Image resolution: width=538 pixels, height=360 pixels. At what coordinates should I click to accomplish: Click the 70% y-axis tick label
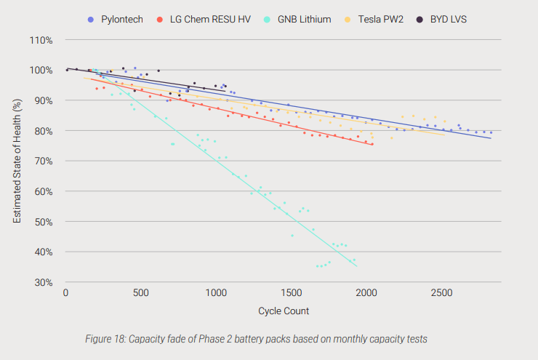(x=43, y=161)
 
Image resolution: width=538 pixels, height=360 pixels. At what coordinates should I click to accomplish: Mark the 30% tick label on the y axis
(x=43, y=282)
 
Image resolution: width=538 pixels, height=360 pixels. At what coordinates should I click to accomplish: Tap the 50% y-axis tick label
(x=43, y=222)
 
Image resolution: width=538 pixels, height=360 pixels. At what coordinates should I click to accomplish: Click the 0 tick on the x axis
(x=66, y=293)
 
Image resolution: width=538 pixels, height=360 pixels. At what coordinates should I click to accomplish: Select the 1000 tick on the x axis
(x=217, y=293)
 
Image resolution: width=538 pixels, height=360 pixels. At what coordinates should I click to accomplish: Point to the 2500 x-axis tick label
(x=442, y=293)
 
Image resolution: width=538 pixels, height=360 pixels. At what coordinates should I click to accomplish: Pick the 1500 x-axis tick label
(x=292, y=293)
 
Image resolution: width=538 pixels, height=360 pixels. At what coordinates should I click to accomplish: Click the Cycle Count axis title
(x=284, y=311)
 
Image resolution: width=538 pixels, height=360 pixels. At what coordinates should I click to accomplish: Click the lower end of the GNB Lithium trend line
(x=356, y=266)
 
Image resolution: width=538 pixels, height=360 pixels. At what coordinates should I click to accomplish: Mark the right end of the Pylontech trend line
(x=491, y=137)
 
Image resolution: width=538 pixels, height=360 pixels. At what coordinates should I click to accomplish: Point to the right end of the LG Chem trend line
(x=373, y=145)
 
